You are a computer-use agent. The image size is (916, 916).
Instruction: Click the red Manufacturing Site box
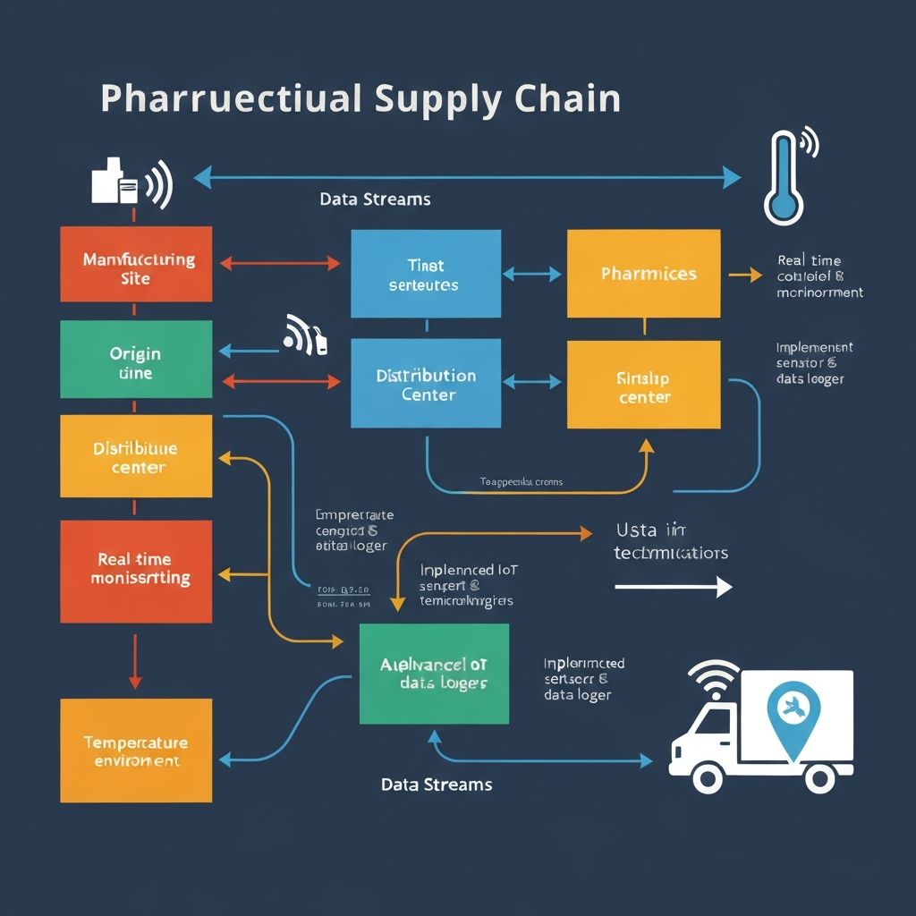tap(136, 264)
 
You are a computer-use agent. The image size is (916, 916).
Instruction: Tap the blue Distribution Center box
tap(426, 385)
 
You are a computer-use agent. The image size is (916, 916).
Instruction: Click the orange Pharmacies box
tap(643, 274)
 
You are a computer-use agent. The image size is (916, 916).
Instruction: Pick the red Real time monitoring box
tap(136, 571)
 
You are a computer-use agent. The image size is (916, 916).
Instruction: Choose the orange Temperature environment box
tap(136, 751)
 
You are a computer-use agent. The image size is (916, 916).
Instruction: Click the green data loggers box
tap(434, 674)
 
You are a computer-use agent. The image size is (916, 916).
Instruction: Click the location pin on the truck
tap(793, 708)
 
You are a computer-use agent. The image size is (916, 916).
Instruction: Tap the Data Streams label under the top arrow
tap(375, 199)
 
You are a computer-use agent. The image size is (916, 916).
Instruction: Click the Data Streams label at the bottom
tap(437, 785)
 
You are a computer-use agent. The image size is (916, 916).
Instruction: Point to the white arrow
tap(673, 587)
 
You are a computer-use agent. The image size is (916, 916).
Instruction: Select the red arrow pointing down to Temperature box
tap(135, 661)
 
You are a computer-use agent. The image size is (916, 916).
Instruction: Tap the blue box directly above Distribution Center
tap(426, 274)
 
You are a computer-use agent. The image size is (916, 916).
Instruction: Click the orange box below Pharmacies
tap(643, 385)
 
